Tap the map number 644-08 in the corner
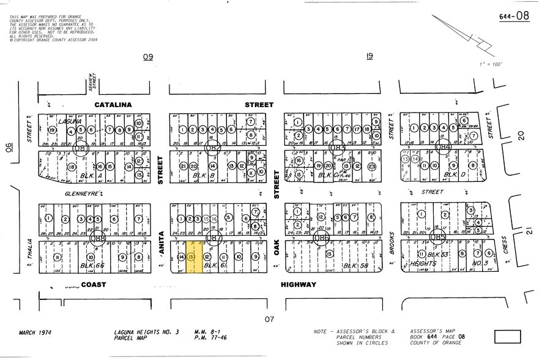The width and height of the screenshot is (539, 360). click(514, 16)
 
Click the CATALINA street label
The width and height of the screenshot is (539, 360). click(113, 105)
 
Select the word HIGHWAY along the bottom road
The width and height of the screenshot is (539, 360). click(299, 285)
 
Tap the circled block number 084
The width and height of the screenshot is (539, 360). click(443, 147)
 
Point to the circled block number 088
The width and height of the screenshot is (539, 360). click(96, 237)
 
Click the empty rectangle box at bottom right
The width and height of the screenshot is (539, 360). click(507, 336)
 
